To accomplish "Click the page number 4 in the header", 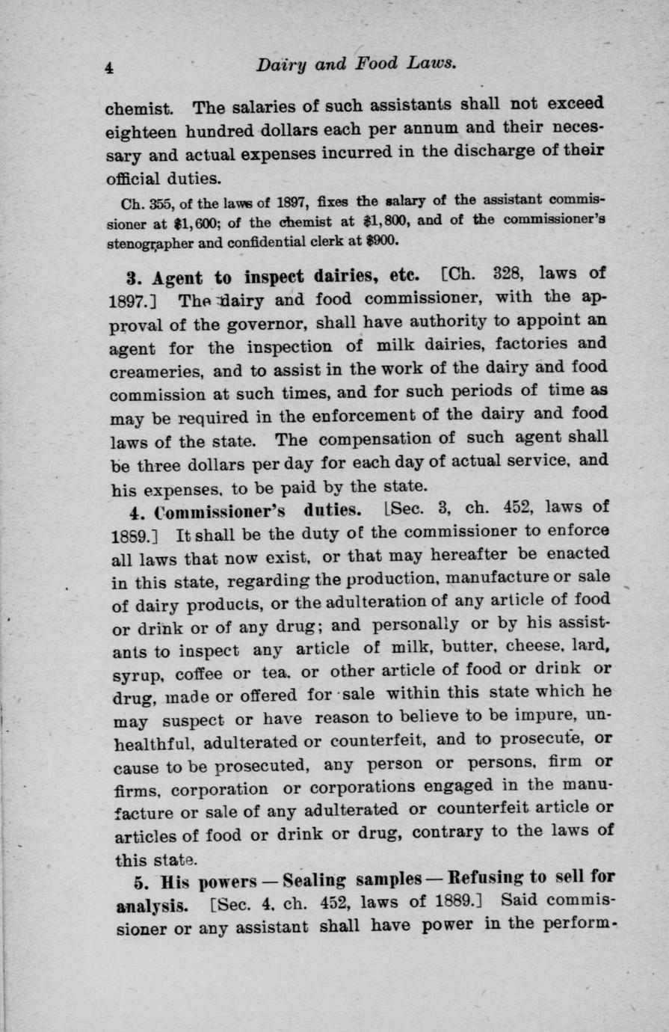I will [109, 67].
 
